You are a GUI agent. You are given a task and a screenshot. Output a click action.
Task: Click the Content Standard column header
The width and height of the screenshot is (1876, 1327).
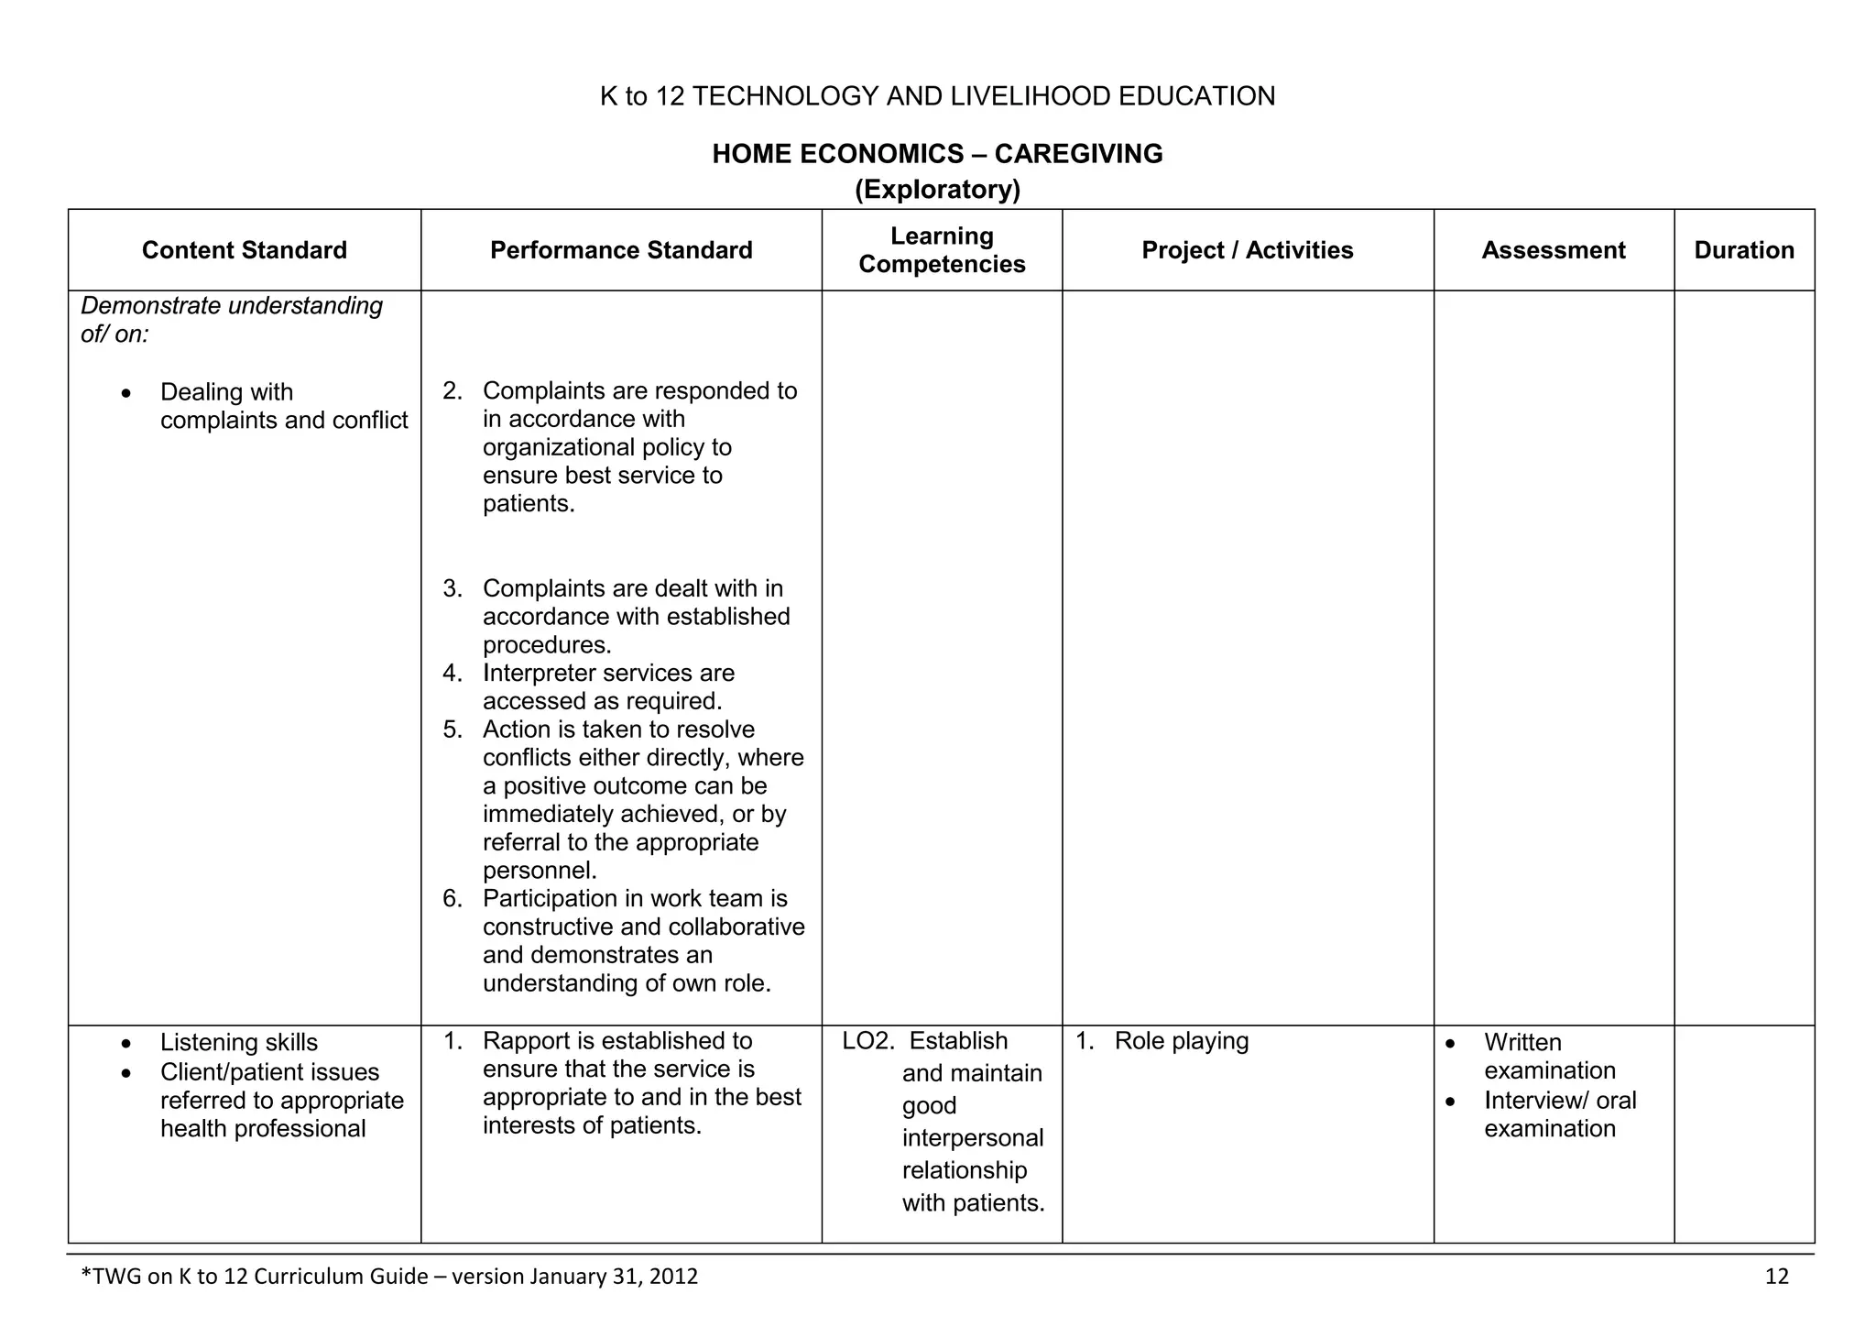[244, 250]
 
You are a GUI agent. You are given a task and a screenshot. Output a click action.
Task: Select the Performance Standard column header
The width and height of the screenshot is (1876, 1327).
[621, 250]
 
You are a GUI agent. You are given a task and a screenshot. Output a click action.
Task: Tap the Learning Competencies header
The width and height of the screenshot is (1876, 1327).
[942, 250]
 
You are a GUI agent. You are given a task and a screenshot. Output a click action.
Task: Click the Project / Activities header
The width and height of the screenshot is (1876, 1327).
[1247, 250]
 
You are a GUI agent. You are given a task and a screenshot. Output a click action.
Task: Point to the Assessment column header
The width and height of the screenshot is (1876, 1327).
[1553, 250]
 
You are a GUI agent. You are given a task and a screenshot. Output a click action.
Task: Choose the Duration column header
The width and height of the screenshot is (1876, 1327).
[1743, 250]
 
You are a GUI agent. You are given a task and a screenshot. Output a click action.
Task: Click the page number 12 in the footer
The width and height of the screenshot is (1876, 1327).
[1776, 1277]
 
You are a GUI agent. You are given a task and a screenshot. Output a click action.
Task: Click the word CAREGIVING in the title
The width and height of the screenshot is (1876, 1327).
[1078, 154]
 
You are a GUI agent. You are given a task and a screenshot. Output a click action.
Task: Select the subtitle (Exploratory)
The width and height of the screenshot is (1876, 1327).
[937, 190]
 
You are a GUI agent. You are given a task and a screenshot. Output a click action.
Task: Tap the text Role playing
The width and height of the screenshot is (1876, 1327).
[1182, 1041]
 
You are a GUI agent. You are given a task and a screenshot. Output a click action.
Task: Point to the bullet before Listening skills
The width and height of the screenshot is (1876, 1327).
[126, 1044]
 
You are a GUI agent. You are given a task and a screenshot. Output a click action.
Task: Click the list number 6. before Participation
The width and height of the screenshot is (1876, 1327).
[453, 899]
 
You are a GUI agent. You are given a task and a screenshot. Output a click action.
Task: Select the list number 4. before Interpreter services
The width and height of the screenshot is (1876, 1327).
[453, 674]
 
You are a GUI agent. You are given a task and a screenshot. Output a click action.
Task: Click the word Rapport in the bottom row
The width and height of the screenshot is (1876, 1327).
[524, 1041]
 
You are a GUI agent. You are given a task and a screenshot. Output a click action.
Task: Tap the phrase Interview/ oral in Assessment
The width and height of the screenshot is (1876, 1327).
[1560, 1101]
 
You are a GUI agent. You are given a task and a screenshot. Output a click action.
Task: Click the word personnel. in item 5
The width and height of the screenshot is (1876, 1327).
[540, 871]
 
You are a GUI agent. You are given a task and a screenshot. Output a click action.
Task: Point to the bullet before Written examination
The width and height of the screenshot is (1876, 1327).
[1450, 1044]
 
